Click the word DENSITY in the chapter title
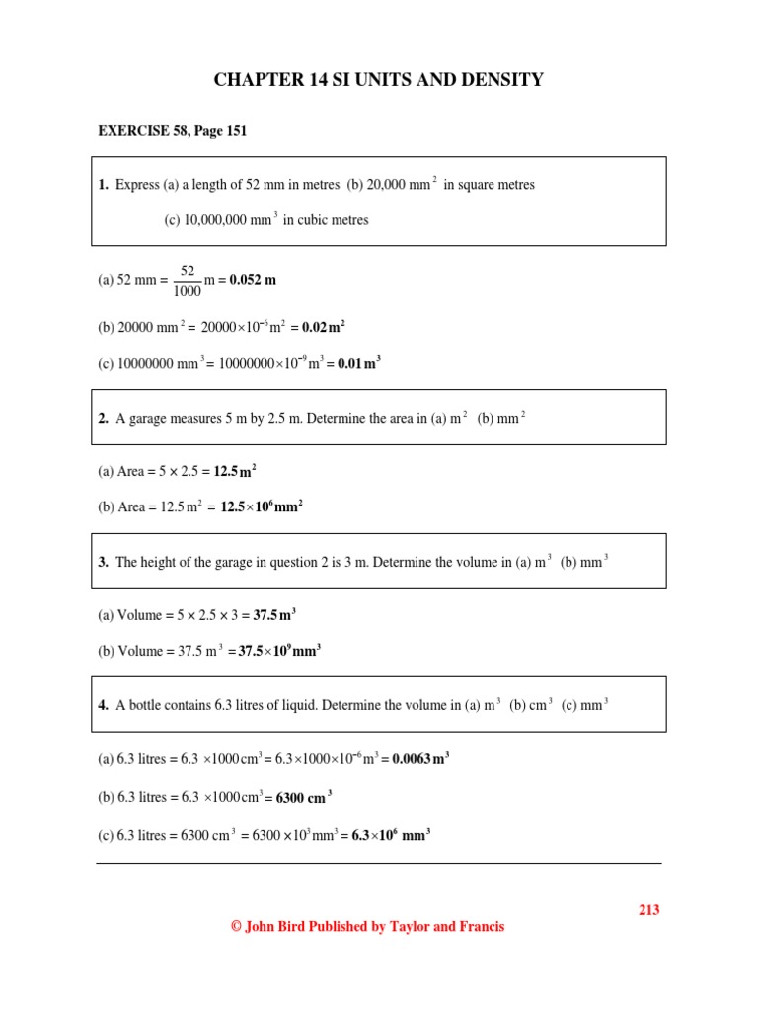[x=497, y=80]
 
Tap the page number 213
[x=648, y=910]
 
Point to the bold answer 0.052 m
[x=254, y=280]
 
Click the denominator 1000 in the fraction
[x=187, y=291]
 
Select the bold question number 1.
[x=103, y=185]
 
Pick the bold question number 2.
[x=103, y=418]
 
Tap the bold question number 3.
[x=103, y=562]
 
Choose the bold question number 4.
[x=103, y=705]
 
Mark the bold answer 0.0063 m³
[x=421, y=760]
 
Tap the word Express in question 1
[x=135, y=185]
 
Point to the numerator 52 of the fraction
[x=187, y=270]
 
